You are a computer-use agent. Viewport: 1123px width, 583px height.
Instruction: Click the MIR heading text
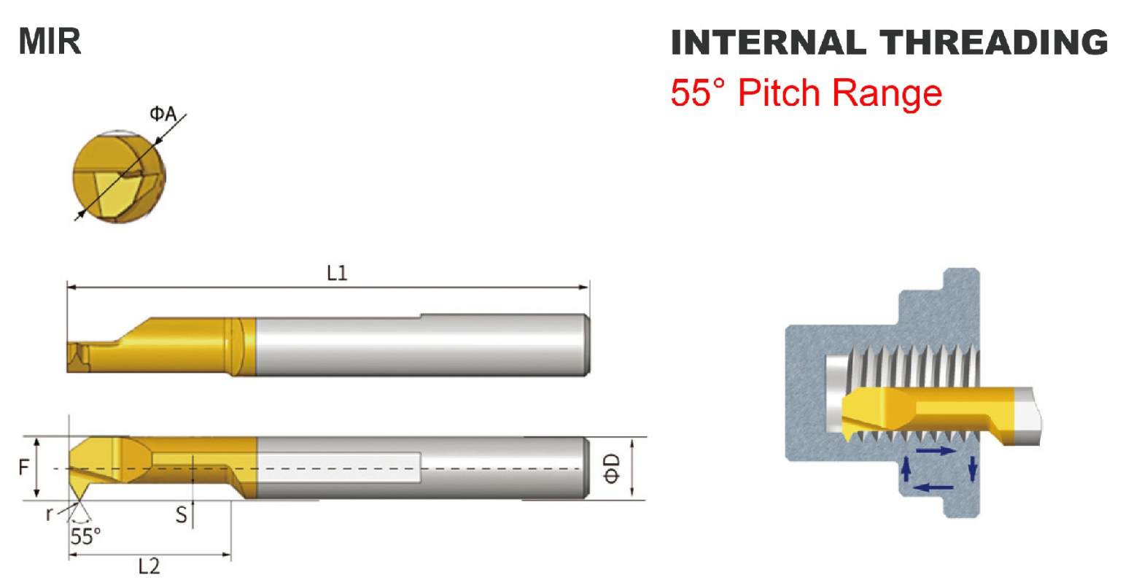coord(50,41)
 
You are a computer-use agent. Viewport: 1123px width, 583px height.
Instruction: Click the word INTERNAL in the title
coord(769,42)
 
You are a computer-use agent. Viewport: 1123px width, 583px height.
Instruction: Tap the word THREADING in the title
coord(994,42)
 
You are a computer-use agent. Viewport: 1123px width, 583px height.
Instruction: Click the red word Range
coord(887,94)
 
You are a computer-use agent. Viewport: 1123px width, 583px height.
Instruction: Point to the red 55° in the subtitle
coord(698,93)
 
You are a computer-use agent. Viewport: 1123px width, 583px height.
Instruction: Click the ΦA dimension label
coord(163,114)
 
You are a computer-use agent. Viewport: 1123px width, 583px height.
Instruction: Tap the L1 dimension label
coord(337,274)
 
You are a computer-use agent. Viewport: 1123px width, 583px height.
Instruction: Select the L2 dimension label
coord(149,566)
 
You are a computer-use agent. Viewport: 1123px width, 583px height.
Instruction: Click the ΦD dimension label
coord(612,468)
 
